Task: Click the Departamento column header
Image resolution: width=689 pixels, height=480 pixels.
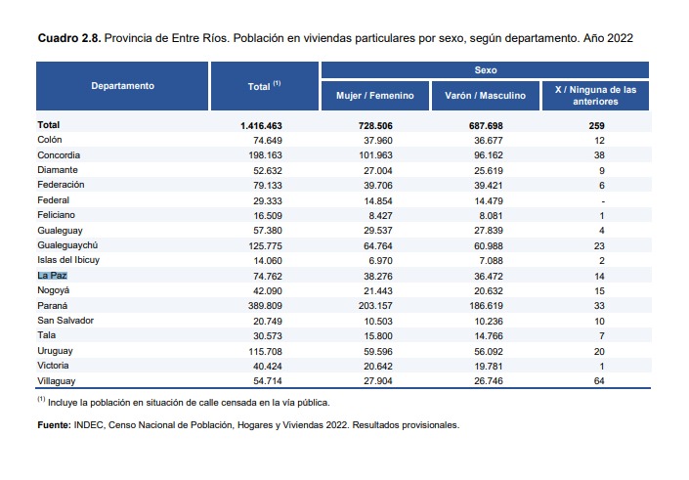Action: (123, 86)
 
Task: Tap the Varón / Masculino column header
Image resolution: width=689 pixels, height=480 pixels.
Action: (486, 96)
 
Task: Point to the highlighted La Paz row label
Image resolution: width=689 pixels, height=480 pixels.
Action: (53, 276)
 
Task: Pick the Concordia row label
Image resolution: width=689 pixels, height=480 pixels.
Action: (59, 155)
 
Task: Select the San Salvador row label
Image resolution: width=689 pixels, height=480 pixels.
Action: (65, 321)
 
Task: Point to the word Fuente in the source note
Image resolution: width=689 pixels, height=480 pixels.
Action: (53, 425)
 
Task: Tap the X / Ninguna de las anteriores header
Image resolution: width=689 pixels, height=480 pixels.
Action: (595, 96)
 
